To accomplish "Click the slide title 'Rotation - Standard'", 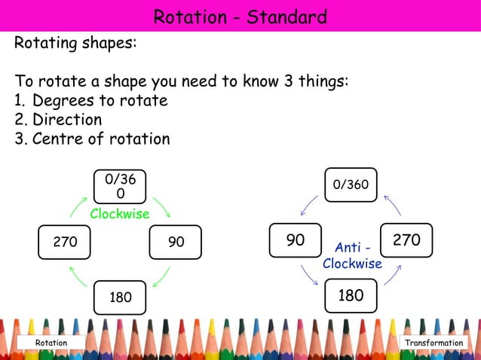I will point(240,17).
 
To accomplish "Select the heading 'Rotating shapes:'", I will point(75,43).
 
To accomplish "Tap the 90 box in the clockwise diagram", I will point(176,243).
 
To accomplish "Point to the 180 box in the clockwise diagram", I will point(121,297).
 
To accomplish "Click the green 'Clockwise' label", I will point(120,215).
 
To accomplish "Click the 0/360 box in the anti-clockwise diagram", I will point(351,185).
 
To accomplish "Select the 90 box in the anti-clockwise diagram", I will point(296,240).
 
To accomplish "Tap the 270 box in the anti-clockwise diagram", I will point(406,240).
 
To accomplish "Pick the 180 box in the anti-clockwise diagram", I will point(351,295).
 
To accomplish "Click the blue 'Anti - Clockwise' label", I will point(352,256).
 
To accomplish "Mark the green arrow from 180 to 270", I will point(78,276).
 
